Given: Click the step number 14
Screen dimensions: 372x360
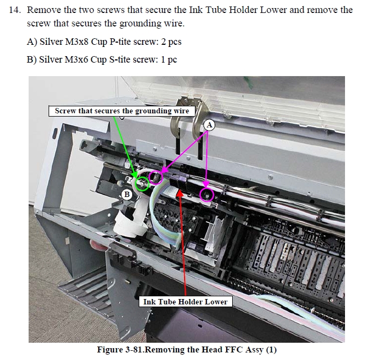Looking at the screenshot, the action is pyautogui.click(x=15, y=10).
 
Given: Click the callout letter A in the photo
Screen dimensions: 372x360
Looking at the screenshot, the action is pyautogui.click(x=209, y=125).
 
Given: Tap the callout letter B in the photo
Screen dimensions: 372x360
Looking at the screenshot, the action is pyautogui.click(x=127, y=194).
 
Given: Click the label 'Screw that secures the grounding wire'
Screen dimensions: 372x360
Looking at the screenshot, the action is pyautogui.click(x=122, y=111).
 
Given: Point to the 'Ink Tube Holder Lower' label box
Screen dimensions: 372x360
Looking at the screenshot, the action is pyautogui.click(x=185, y=302).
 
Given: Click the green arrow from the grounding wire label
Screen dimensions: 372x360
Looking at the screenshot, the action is pyautogui.click(x=125, y=147).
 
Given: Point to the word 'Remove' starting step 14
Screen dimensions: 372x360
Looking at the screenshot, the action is pyautogui.click(x=44, y=10).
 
